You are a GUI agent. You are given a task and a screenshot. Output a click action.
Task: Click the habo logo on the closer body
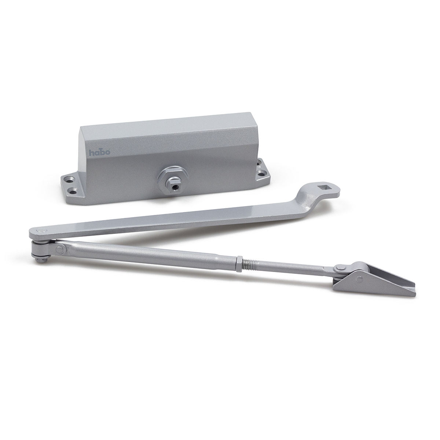point(99,152)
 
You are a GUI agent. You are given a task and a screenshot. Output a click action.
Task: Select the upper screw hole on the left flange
point(68,176)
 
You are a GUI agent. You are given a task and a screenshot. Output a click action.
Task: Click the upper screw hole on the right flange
point(260,162)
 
